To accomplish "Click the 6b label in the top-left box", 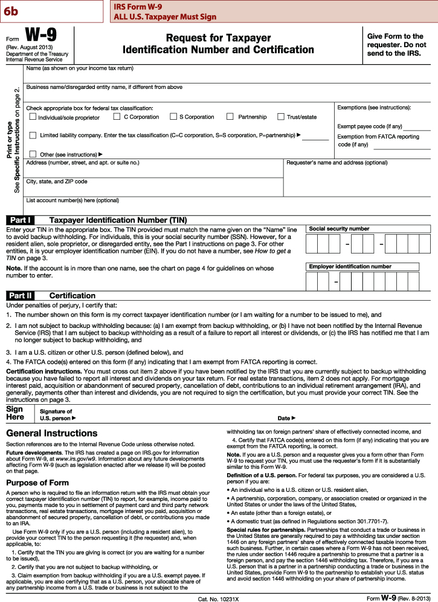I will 10,9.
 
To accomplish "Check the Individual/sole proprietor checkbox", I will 33,117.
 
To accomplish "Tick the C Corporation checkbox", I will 117,117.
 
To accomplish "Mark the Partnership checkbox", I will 230,117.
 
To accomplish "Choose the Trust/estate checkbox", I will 281,117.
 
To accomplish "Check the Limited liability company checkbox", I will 33,135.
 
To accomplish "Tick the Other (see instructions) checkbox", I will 33,154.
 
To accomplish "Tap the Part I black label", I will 20,220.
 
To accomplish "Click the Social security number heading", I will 339,229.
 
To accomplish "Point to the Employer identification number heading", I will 350,266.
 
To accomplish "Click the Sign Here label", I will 14,413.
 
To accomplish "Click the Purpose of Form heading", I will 37,482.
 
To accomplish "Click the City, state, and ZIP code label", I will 57,182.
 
